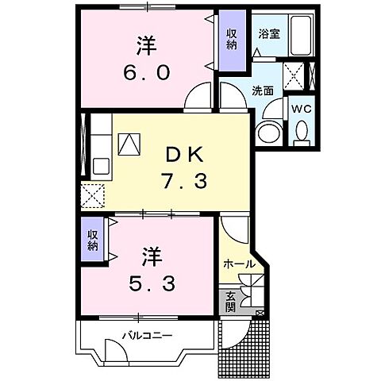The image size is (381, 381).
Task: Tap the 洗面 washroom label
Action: pyautogui.click(x=264, y=90)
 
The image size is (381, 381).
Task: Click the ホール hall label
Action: pyautogui.click(x=238, y=264)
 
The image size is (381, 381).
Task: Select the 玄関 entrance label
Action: pyautogui.click(x=230, y=300)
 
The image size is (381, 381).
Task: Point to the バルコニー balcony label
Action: pyautogui.click(x=147, y=335)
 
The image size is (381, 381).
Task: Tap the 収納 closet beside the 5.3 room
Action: pyautogui.click(x=93, y=241)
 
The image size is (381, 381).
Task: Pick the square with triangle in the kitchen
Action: pyautogui.click(x=128, y=143)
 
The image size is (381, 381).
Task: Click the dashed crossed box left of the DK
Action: pyautogui.click(x=92, y=194)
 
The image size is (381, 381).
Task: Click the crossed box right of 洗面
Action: pyautogui.click(x=294, y=76)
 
